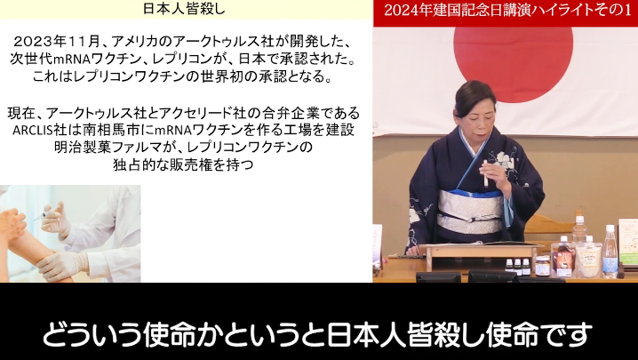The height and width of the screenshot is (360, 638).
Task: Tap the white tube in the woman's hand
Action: (485, 174)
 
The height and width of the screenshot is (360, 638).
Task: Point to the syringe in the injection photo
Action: (44, 216)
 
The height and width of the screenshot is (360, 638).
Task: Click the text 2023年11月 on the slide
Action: (57, 41)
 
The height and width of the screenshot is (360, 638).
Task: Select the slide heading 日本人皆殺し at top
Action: (184, 9)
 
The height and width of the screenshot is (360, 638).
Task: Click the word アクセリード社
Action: (205, 113)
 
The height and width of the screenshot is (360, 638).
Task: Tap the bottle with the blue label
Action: (610, 252)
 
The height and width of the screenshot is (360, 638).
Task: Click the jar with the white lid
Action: (542, 266)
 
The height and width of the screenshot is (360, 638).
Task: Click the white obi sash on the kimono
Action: (470, 211)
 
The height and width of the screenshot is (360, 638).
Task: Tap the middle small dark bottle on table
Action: (517, 268)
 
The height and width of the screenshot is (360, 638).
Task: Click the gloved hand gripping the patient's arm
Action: (62, 264)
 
